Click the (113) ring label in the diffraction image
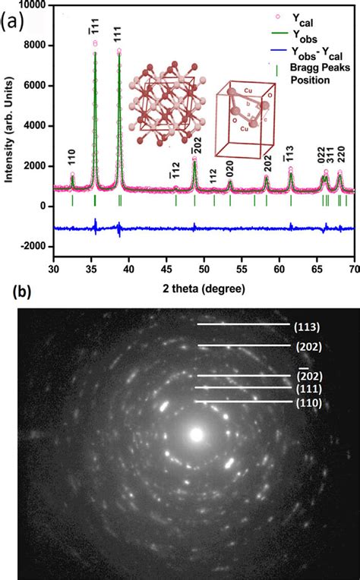pyautogui.click(x=308, y=326)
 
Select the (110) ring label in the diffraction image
pyautogui.click(x=308, y=402)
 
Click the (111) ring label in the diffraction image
pyautogui.click(x=308, y=389)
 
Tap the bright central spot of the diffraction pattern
pyautogui.click(x=197, y=435)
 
